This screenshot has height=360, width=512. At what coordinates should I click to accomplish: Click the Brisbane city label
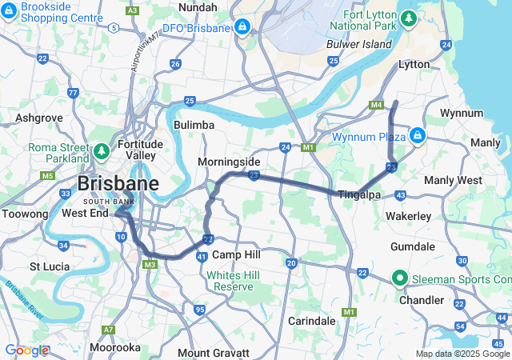pyautogui.click(x=118, y=184)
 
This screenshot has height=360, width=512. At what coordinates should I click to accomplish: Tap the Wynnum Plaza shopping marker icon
pyautogui.click(x=416, y=135)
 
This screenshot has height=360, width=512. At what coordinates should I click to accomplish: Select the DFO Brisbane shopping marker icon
pyautogui.click(x=241, y=28)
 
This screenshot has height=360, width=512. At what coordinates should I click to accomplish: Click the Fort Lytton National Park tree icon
pyautogui.click(x=409, y=17)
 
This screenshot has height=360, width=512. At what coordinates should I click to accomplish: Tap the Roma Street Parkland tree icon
pyautogui.click(x=102, y=150)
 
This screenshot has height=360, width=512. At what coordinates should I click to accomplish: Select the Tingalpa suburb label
pyautogui.click(x=358, y=195)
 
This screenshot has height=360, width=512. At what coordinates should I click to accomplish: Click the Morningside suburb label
pyautogui.click(x=230, y=162)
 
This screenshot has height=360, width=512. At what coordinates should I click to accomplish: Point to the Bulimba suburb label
pyautogui.click(x=194, y=126)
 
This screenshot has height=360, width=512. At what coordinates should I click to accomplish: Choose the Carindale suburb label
pyautogui.click(x=312, y=320)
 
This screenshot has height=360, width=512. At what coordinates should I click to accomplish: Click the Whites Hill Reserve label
pyautogui.click(x=230, y=281)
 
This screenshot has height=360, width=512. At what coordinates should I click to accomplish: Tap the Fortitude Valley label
pyautogui.click(x=141, y=150)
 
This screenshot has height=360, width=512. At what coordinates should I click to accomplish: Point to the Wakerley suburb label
pyautogui.click(x=408, y=217)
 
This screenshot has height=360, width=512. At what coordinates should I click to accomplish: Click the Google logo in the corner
pyautogui.click(x=26, y=350)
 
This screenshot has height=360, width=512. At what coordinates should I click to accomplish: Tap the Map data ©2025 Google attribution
pyautogui.click(x=462, y=354)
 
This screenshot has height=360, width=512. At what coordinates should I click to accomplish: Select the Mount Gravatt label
pyautogui.click(x=210, y=353)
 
